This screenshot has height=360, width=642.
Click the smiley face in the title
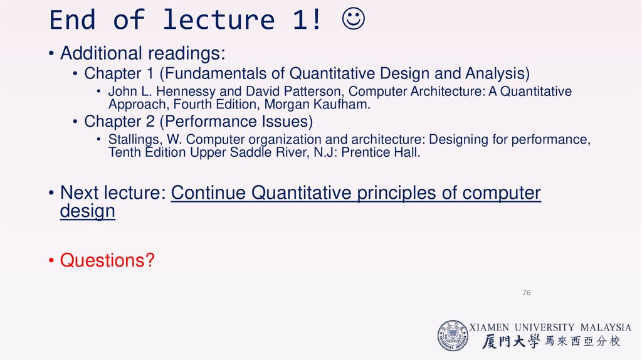tap(353, 19)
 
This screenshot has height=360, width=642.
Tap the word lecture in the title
tap(219, 19)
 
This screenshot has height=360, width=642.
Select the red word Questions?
tap(107, 260)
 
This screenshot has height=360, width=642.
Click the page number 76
tap(527, 292)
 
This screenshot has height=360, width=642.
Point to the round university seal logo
tap(453, 336)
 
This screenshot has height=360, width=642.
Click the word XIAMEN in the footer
tap(489, 327)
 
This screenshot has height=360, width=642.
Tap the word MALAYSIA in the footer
tap(606, 327)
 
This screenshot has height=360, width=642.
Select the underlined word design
tap(88, 211)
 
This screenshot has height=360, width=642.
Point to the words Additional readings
tap(142, 53)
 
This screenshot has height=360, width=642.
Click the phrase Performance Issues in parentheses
tap(239, 122)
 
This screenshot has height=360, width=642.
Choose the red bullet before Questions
tap(51, 260)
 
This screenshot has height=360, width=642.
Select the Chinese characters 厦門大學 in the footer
tap(511, 341)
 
